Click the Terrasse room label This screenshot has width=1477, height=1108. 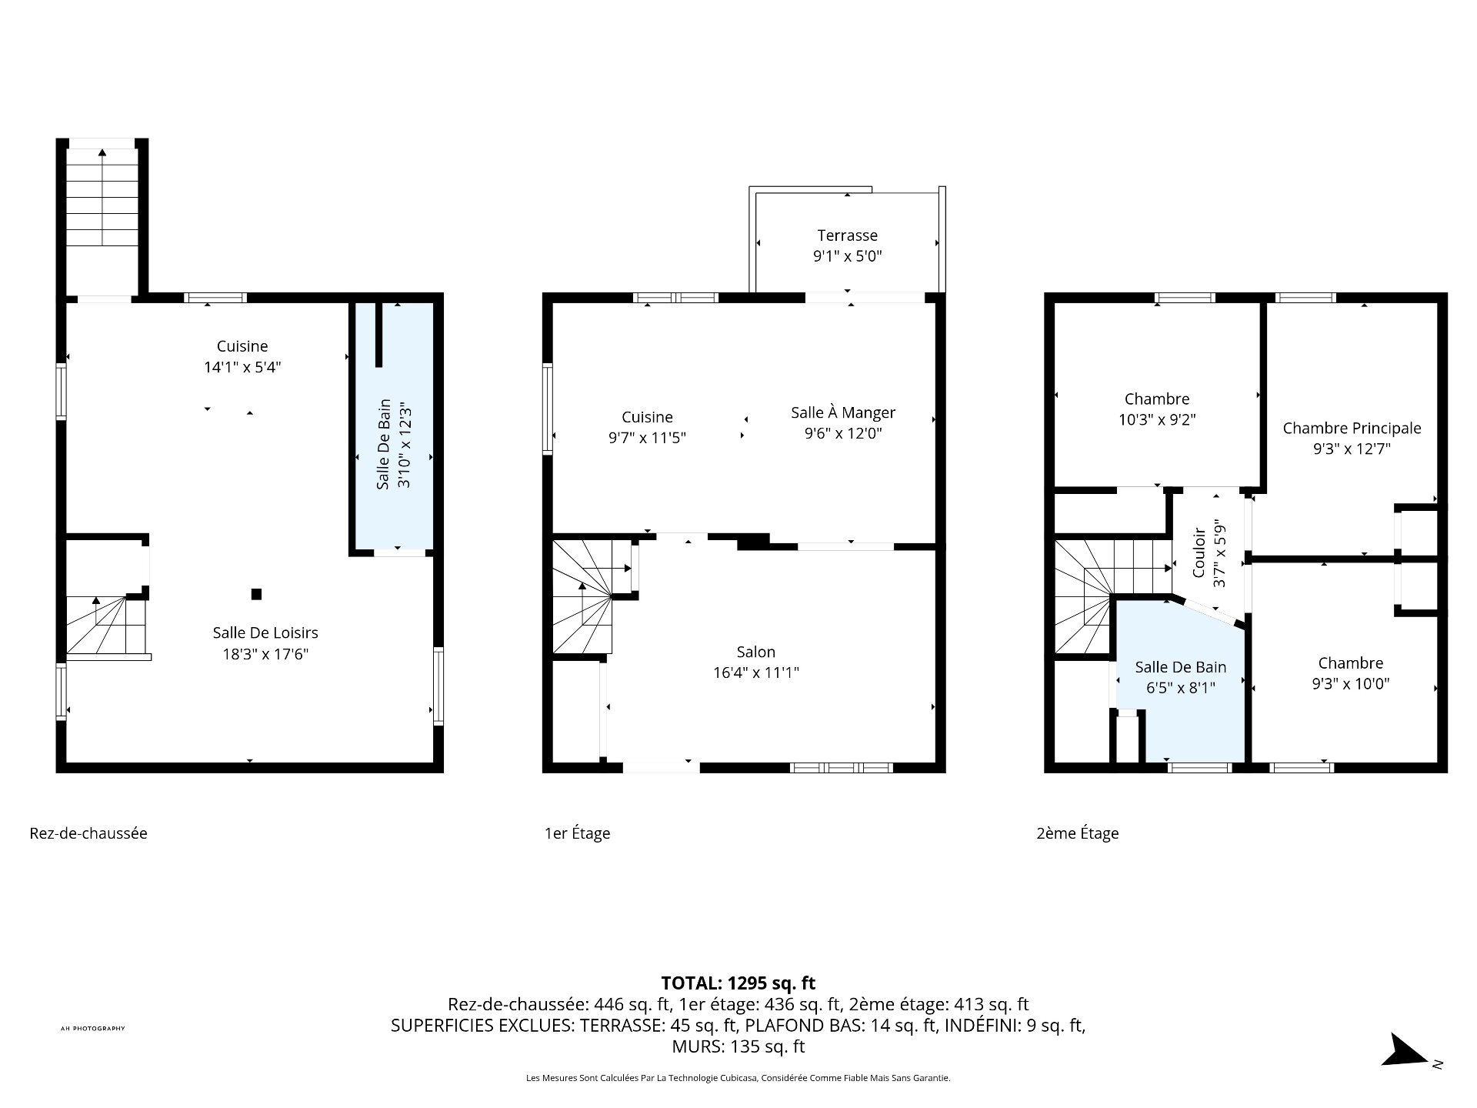click(847, 235)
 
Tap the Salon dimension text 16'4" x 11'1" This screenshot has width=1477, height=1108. click(756, 672)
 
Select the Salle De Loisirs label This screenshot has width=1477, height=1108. click(265, 632)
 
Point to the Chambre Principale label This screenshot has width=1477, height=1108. click(1352, 429)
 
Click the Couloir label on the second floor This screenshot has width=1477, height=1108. click(1199, 552)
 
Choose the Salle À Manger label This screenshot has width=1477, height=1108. click(843, 412)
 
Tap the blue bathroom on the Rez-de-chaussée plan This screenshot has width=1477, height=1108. click(393, 428)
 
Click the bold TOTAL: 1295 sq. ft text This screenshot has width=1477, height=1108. click(738, 983)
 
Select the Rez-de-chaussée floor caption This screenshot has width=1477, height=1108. click(88, 833)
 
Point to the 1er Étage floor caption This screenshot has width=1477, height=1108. click(577, 833)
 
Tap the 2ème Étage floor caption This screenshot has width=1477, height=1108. click(1077, 833)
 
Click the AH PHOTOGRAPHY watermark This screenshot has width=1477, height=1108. click(92, 1029)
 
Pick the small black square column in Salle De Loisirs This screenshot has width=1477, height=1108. click(257, 594)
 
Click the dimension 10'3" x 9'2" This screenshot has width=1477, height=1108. click(1157, 420)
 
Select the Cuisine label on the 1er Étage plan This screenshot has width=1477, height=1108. click(647, 417)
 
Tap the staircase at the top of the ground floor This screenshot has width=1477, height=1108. click(102, 219)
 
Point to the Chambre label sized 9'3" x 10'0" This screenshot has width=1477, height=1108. click(1351, 663)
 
